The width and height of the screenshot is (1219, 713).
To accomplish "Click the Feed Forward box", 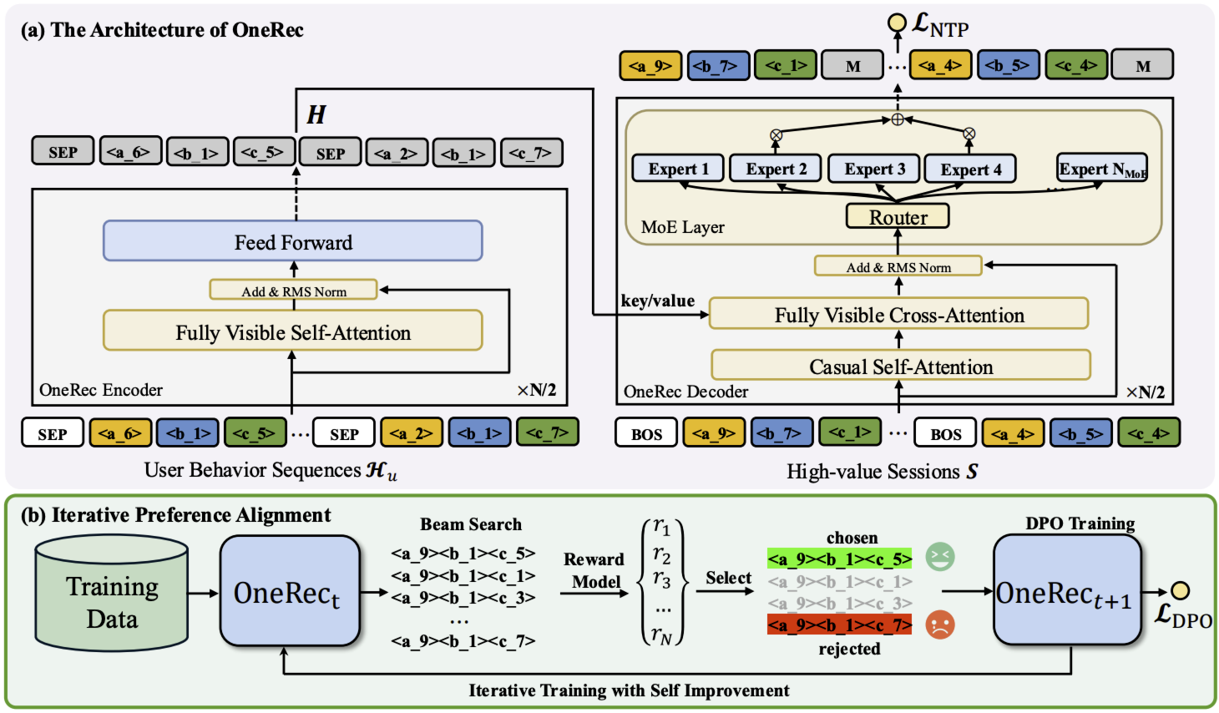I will pos(292,241).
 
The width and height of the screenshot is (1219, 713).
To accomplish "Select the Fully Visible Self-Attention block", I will pos(292,331).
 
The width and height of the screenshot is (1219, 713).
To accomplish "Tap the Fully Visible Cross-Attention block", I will pos(898,315).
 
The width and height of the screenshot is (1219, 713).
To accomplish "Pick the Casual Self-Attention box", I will pos(900,366).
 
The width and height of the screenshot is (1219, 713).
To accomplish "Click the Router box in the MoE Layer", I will pos(898,216).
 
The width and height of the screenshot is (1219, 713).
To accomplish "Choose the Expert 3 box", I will pos(874,169).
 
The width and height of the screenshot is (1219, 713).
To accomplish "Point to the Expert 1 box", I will pos(678,169).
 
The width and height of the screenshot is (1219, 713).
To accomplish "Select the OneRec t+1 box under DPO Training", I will pos(1066,591).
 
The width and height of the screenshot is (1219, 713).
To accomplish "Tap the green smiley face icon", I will pos(940,557).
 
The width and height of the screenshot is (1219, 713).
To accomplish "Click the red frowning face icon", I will pos(940,625).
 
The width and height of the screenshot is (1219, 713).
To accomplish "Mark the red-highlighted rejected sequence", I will pos(839,625).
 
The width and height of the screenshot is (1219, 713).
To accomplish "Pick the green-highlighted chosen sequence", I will pos(839,559).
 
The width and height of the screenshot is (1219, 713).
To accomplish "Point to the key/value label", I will pos(657,301).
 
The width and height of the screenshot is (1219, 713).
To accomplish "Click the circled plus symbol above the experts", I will pos(898,119).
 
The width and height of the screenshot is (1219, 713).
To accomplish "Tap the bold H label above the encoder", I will pos(316,114).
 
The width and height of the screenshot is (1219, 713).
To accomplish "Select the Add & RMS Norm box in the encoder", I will pos(293,291).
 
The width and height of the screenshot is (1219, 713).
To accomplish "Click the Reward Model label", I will pos(594,570).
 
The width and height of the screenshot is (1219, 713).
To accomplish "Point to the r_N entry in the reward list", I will pos(661,636).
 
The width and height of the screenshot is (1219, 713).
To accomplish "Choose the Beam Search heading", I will pos(471,524).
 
